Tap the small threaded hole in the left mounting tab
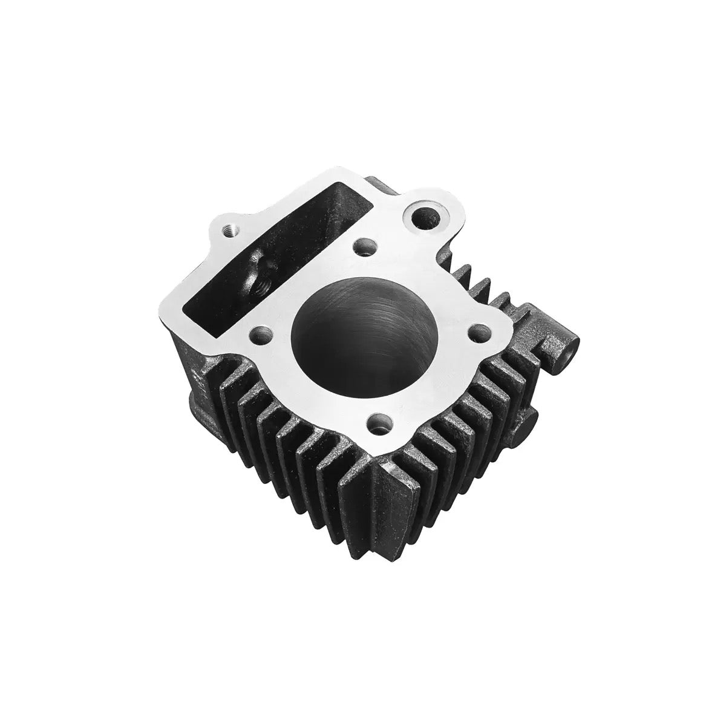point(229,230)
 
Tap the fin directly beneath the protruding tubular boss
point(511,387)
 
